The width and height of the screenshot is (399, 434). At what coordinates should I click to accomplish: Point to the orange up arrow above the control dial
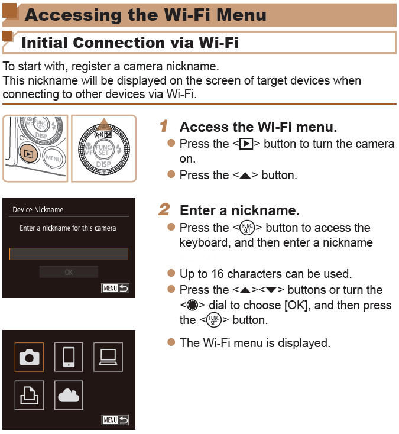coord(104,123)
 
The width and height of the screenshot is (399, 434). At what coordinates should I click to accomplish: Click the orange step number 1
coord(164,127)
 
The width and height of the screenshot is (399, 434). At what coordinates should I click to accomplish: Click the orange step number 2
coord(164,210)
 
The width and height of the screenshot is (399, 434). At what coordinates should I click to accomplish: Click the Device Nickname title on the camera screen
coord(38,209)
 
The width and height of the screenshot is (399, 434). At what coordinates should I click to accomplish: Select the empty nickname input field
coord(69,254)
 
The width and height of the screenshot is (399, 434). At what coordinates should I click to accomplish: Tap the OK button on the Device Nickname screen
coord(69,272)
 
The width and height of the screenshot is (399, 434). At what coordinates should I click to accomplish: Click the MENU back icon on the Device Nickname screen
coord(115,289)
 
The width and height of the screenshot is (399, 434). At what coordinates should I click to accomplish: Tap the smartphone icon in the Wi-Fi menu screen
coord(69,357)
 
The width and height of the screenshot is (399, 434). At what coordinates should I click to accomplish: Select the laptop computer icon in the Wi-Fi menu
coord(108,357)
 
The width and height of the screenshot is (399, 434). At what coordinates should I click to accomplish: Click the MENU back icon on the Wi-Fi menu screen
coord(115,420)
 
